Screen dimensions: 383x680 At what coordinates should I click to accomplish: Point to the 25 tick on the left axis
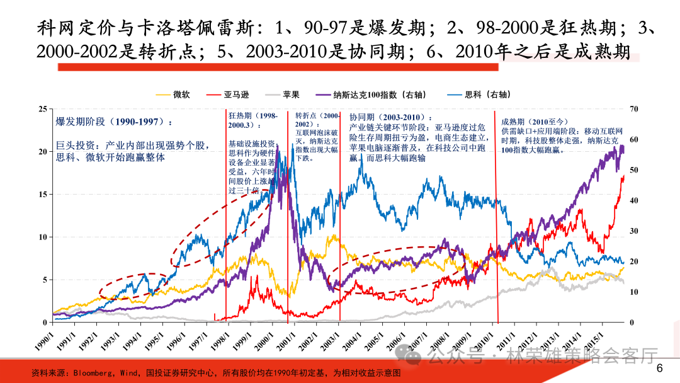(x=42, y=109)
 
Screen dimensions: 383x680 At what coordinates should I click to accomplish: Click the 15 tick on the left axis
(x=42, y=195)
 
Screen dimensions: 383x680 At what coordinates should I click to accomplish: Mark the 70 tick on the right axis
(x=633, y=109)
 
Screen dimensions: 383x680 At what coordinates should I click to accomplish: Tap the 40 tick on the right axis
(x=633, y=200)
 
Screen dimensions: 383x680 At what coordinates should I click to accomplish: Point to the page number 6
(x=660, y=369)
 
